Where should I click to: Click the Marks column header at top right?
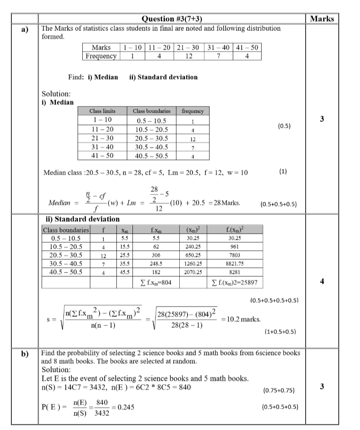pyautogui.click(x=322, y=19)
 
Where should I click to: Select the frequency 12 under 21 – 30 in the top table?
pyautogui.click(x=189, y=56)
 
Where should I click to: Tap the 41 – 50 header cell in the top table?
pyautogui.click(x=247, y=47)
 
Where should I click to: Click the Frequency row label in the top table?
pyautogui.click(x=101, y=56)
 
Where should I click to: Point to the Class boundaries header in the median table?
pyautogui.click(x=152, y=111)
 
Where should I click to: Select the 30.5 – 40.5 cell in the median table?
pyautogui.click(x=152, y=147)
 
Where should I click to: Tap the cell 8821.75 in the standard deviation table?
pyautogui.click(x=235, y=264)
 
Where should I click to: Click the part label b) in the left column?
pyautogui.click(x=24, y=353)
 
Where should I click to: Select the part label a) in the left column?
pyautogui.click(x=24, y=29)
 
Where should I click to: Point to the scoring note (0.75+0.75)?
pyautogui.click(x=278, y=391)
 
